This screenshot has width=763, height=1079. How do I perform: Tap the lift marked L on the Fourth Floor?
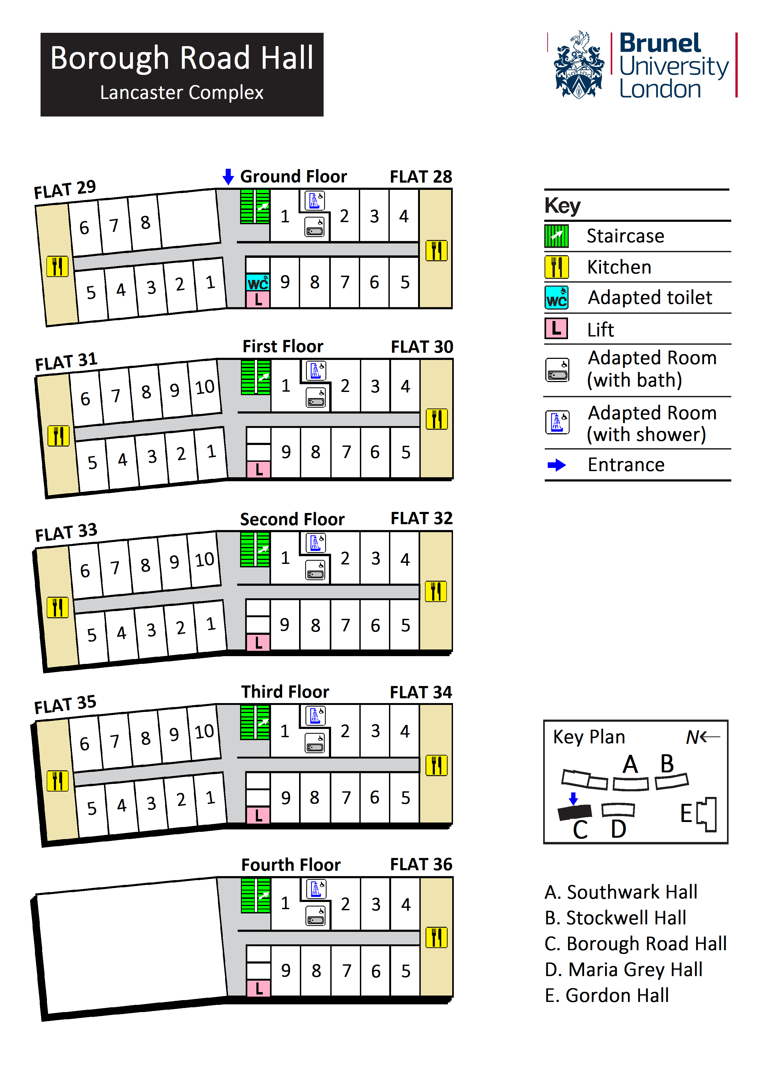(259, 988)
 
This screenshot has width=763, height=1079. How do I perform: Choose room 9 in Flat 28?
(285, 282)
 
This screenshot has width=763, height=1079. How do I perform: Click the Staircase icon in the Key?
(557, 236)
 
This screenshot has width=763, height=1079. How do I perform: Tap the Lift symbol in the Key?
(557, 328)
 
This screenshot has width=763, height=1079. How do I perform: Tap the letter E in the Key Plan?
(686, 813)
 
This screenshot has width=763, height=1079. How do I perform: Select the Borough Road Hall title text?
(182, 58)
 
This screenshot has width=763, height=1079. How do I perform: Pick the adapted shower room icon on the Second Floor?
(315, 543)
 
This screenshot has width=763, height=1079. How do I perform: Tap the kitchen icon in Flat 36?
(436, 937)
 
